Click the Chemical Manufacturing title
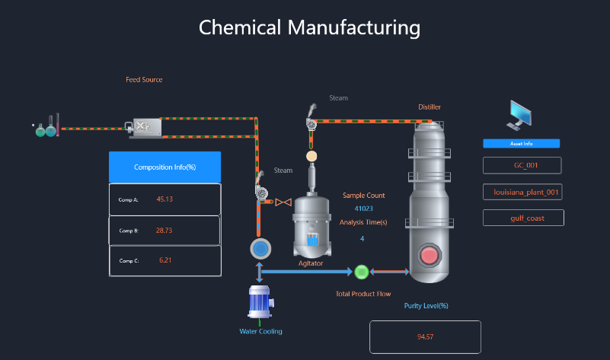tap(309, 27)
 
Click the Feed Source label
tap(144, 80)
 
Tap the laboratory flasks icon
tap(46, 128)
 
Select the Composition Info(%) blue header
tap(164, 167)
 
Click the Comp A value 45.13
tap(164, 199)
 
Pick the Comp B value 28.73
tap(164, 230)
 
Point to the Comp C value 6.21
tap(167, 260)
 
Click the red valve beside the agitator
tap(283, 202)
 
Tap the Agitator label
tap(311, 264)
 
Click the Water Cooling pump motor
tap(260, 301)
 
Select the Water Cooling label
tap(260, 331)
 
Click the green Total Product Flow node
tap(362, 272)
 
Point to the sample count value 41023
tap(363, 209)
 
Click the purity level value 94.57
tap(425, 337)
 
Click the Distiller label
tap(430, 107)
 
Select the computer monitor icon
tap(522, 114)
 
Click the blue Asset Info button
tap(522, 143)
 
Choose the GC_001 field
tap(522, 165)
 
